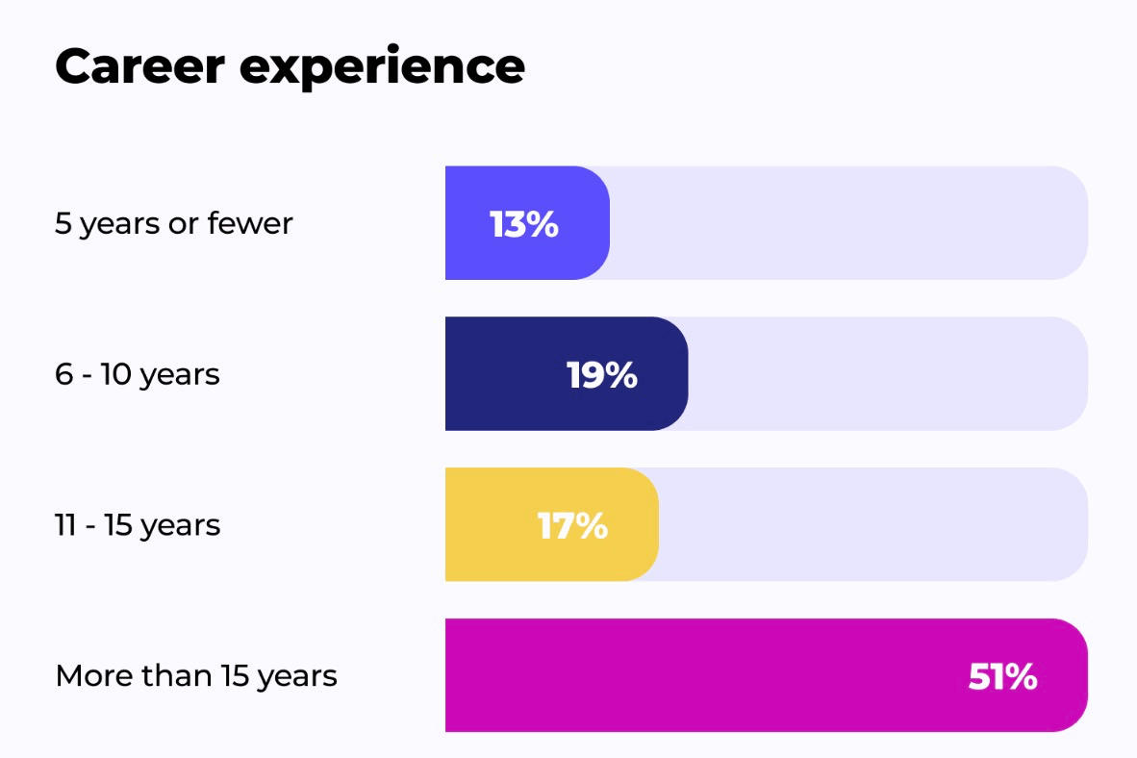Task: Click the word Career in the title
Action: [139, 66]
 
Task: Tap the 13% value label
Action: [524, 224]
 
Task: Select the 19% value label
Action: [602, 375]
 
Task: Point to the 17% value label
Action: [573, 526]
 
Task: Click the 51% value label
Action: [1003, 677]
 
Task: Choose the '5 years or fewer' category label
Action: [174, 223]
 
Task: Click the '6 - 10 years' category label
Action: [137, 375]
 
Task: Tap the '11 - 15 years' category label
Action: [138, 526]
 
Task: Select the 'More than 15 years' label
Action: [196, 677]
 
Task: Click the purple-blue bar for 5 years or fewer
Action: [527, 222]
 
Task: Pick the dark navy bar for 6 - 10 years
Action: [567, 373]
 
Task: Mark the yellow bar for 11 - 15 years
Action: [552, 524]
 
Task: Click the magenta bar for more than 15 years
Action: [767, 675]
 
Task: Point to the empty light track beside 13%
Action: [848, 222]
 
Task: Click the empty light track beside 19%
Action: [888, 373]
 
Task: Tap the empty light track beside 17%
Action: [873, 524]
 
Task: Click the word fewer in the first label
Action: [250, 222]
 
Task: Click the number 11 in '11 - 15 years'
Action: [65, 525]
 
